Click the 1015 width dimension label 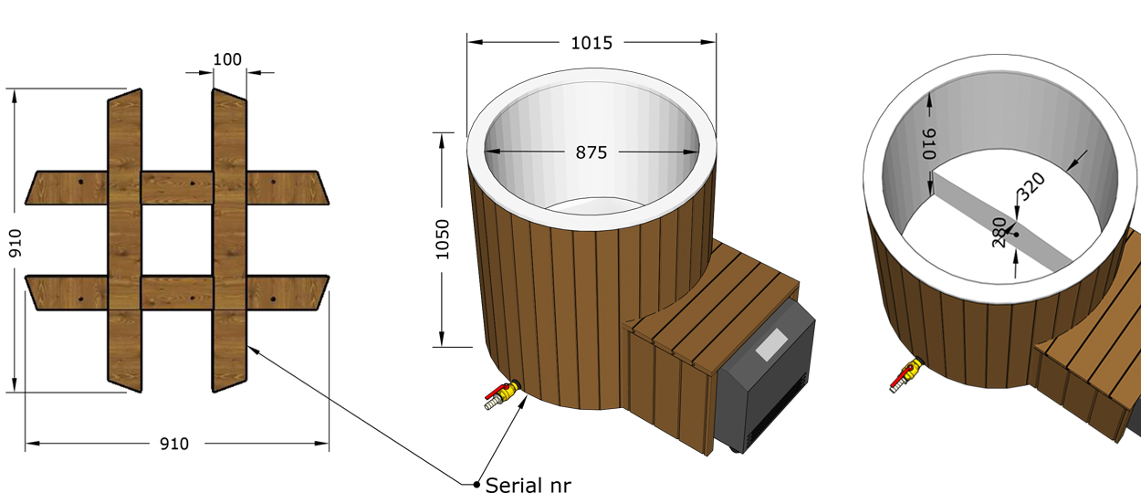(591, 42)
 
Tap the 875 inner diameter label (591, 152)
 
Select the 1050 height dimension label (443, 239)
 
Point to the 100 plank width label (227, 59)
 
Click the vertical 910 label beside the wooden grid (15, 243)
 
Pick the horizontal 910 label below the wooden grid (174, 444)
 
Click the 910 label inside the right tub (930, 143)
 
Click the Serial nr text (528, 485)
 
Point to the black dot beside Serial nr (476, 484)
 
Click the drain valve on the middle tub (502, 395)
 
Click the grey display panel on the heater (770, 344)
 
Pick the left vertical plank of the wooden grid (124, 241)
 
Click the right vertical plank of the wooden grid (230, 241)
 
